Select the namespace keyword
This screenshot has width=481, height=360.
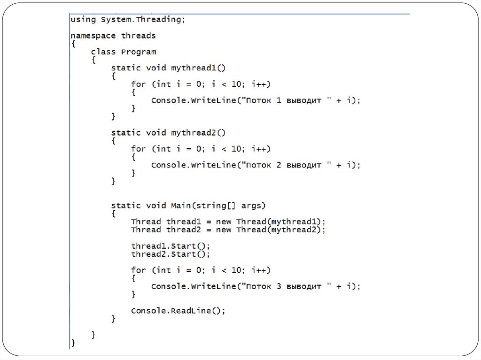click(93, 36)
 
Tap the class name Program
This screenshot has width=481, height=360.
click(138, 52)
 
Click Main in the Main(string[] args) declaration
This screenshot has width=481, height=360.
click(181, 206)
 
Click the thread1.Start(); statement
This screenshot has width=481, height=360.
click(171, 246)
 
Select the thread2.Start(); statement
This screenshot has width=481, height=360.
click(171, 254)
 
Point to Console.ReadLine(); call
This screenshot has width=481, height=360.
click(178, 311)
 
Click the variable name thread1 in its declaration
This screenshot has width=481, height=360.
click(183, 222)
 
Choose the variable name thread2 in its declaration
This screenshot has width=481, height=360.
click(183, 230)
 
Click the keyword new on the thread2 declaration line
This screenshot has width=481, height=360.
click(224, 230)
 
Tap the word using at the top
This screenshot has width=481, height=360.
click(83, 20)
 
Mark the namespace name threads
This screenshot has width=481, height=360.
click(138, 36)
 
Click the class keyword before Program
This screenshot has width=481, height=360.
click(103, 52)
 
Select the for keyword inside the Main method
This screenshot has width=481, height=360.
click(138, 270)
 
